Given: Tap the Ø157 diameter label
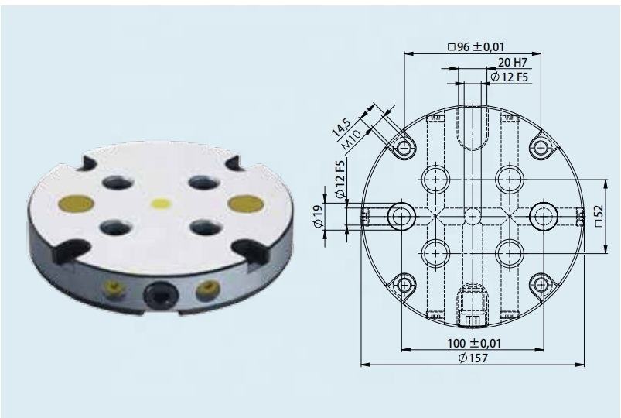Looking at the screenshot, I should [474, 358].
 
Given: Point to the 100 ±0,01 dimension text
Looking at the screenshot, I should [474, 343].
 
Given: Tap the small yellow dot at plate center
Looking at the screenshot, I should [161, 204].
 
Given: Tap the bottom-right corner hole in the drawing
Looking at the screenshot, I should [541, 283].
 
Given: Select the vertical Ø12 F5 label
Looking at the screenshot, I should [341, 177].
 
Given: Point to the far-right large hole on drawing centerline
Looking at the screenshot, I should [544, 214].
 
